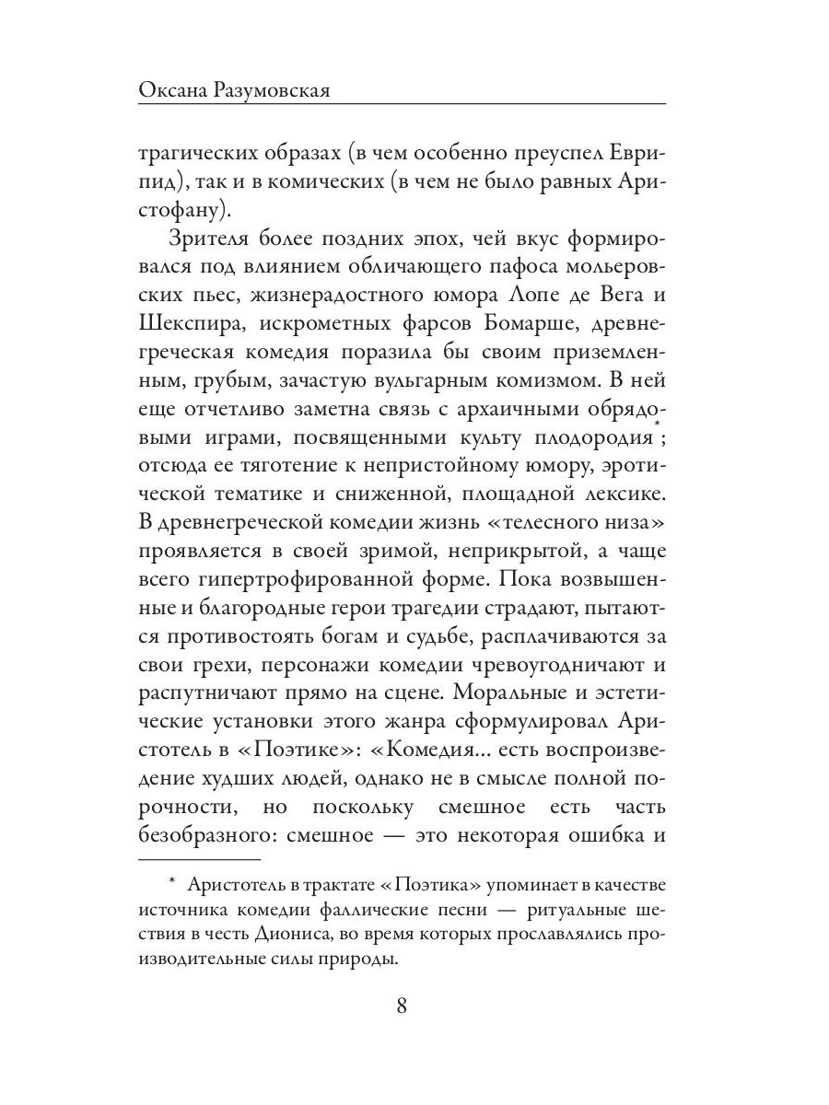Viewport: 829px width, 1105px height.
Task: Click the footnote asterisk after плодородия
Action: tap(656, 424)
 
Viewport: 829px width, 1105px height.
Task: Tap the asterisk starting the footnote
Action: tap(172, 883)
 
